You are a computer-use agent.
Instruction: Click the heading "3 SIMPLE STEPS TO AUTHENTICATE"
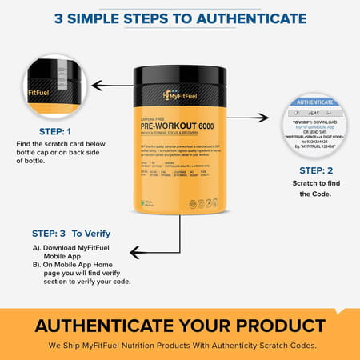pos(180,18)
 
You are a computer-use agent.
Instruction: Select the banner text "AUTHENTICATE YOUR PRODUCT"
pos(180,326)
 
